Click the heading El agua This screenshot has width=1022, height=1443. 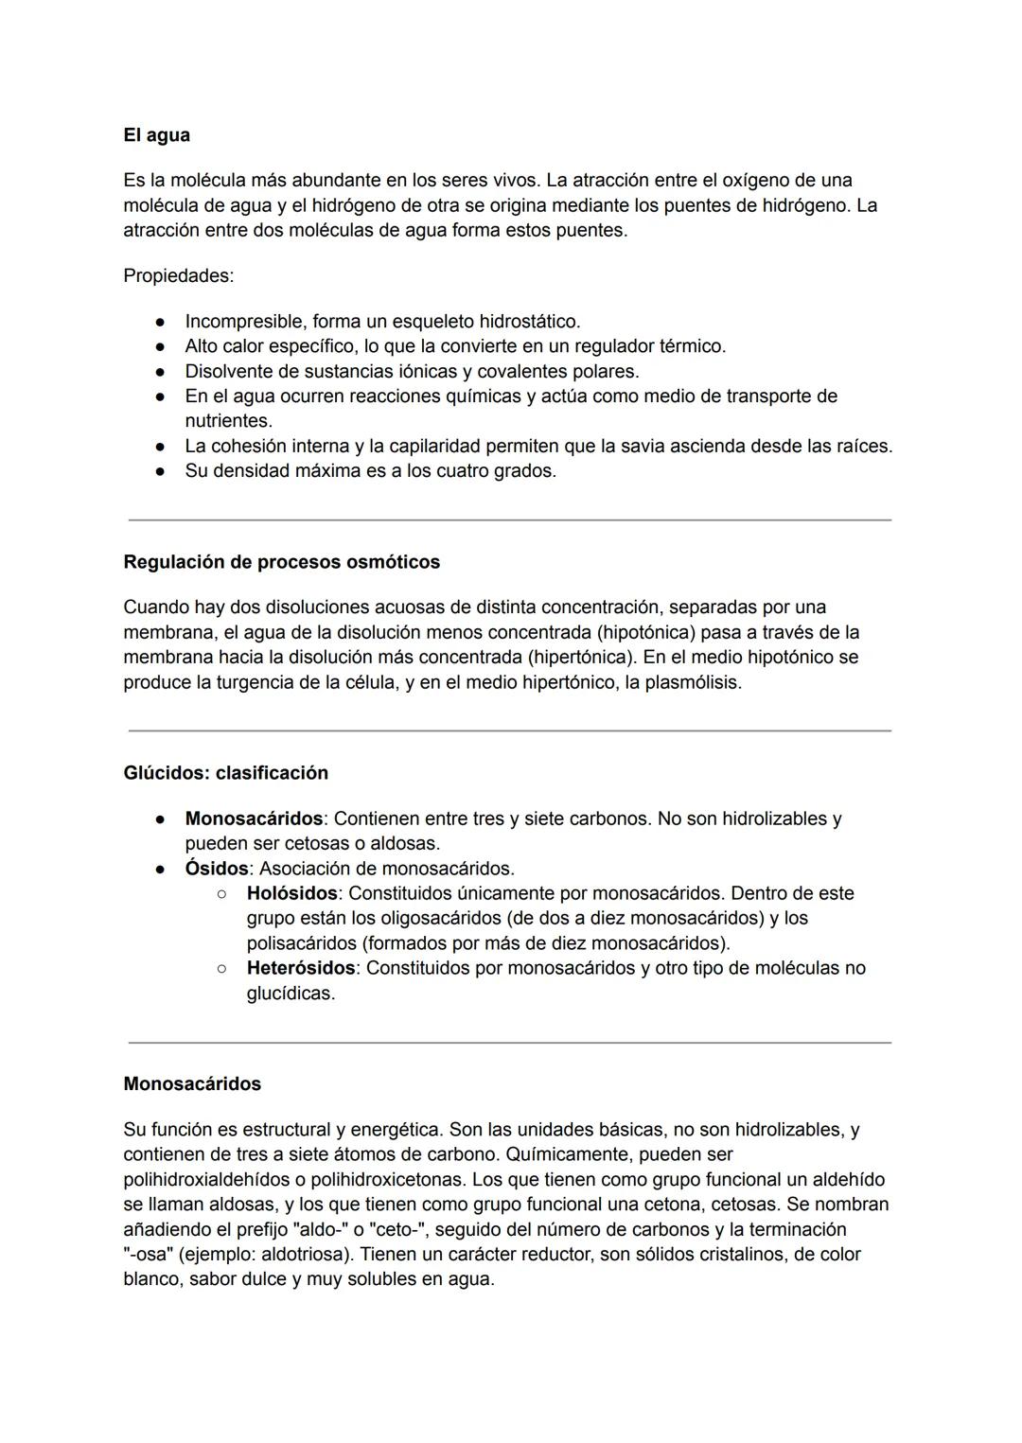[x=156, y=135]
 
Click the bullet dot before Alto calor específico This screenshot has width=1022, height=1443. [x=162, y=347]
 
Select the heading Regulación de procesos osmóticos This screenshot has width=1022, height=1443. [x=281, y=562]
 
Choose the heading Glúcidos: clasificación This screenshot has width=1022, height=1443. [x=225, y=773]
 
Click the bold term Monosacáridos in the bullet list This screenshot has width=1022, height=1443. [x=253, y=818]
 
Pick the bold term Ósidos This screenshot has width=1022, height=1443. [x=216, y=869]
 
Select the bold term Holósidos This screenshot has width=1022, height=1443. [x=291, y=893]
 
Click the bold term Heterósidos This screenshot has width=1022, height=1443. [x=301, y=968]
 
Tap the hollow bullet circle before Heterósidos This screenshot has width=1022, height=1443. [x=221, y=969]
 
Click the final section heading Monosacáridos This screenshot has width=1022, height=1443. [x=192, y=1084]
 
